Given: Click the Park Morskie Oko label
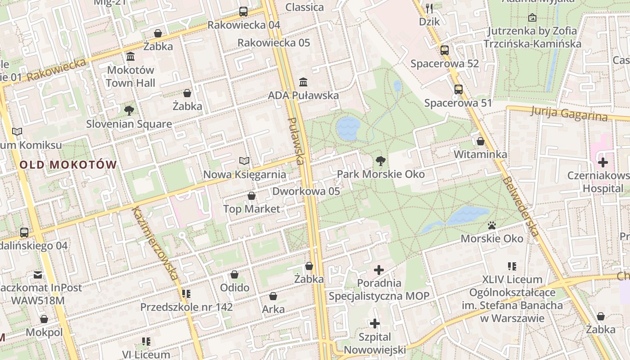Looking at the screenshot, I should pos(381,174).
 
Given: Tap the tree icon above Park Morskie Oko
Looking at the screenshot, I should pos(381,161).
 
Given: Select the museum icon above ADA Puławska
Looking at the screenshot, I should pos(303,82).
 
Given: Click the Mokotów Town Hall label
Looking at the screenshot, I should pos(130,76).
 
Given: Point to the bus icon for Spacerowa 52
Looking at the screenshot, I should pos(445,50).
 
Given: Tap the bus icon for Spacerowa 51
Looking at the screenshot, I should pos(458,90).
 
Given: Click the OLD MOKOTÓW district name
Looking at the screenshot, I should pos(68,165).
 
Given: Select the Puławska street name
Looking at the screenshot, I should pos(296,140).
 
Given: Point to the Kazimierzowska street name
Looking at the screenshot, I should pos(155,243).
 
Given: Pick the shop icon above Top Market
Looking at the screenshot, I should pos(252,196).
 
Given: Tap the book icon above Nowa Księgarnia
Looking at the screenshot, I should pos(244,161).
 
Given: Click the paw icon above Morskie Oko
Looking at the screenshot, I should pos(492,225).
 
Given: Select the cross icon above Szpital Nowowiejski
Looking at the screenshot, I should pos(374,324).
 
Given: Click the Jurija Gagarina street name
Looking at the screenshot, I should pos(569,113).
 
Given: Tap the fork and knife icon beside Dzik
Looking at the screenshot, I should pos(429,8).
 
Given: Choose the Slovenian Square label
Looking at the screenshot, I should pos(129,124).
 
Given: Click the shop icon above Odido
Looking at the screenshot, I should pos(234,274).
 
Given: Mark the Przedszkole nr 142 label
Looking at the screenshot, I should pos(187,307).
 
